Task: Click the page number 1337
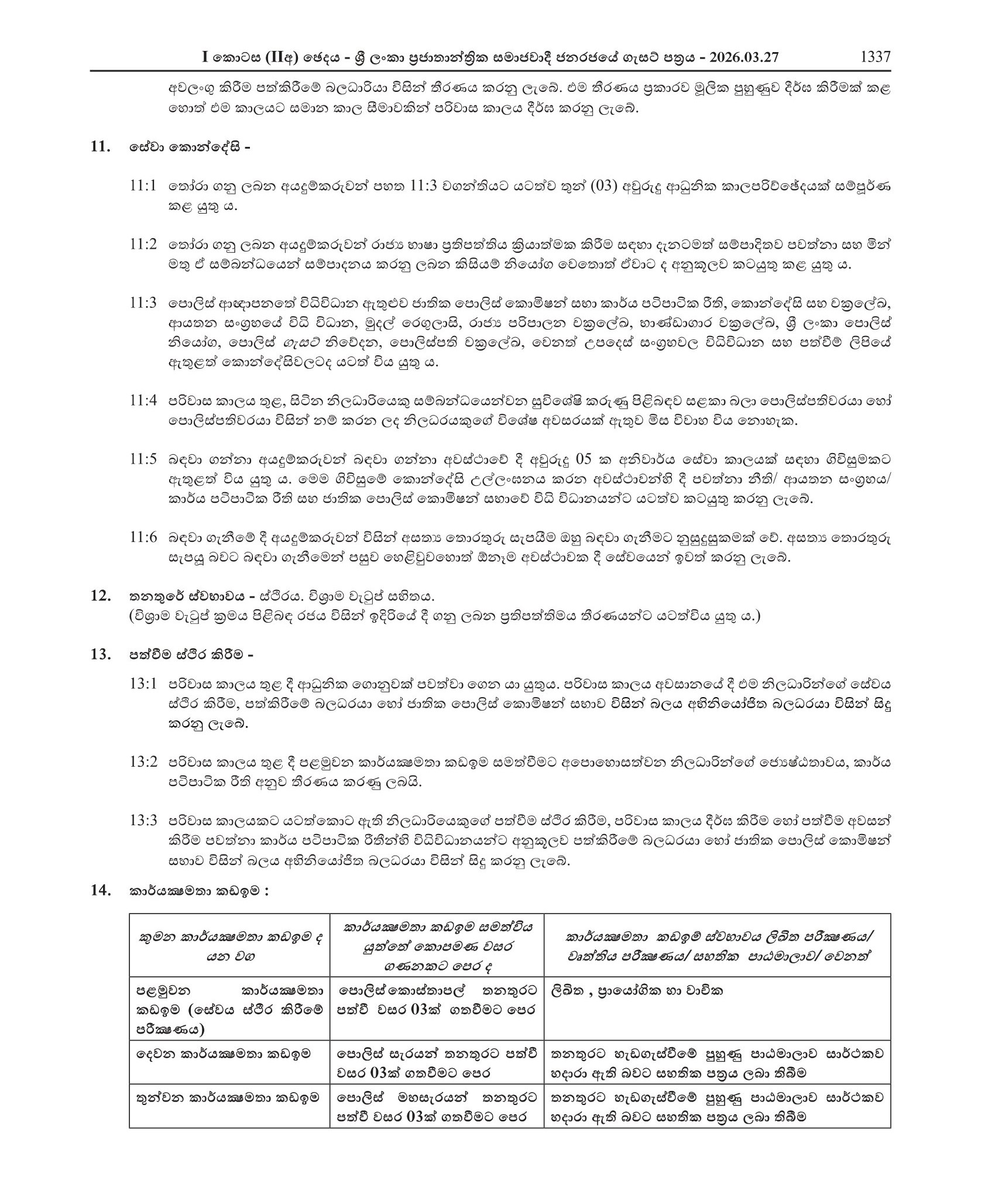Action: coord(875,57)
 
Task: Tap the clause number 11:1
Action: coord(143,186)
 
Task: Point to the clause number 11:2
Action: coord(143,244)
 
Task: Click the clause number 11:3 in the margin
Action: coord(143,303)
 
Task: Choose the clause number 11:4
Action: coord(143,401)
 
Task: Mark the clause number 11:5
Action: coord(143,459)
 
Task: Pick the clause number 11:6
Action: coord(143,537)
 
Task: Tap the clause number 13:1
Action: coord(143,684)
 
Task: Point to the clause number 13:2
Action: coord(143,762)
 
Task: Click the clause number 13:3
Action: coord(143,821)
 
